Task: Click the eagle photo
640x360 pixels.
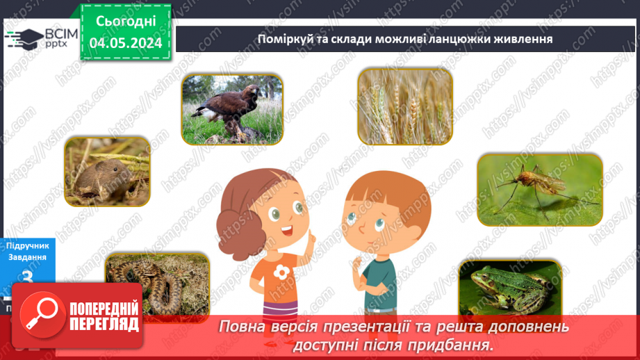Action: [232, 109]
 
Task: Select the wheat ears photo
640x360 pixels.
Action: [404, 106]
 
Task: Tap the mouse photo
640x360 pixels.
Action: [107, 172]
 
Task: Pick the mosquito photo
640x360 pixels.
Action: [539, 189]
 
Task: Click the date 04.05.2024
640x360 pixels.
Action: [126, 42]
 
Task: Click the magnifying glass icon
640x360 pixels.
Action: [38, 313]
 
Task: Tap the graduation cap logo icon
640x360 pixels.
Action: [23, 38]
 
